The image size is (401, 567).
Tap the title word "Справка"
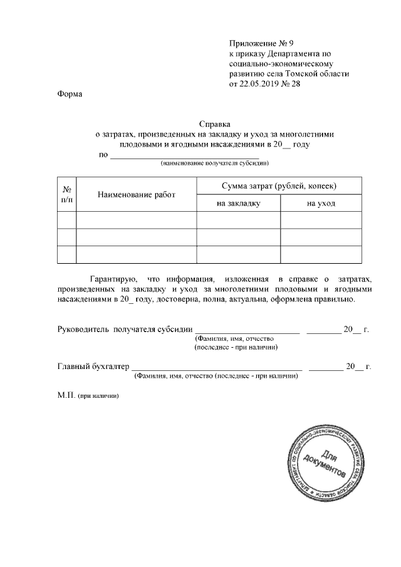[x=215, y=124]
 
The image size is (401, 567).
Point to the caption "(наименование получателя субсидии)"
[x=215, y=163]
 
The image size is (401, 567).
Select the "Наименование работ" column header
[x=137, y=195]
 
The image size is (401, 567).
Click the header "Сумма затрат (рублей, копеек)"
[x=279, y=186]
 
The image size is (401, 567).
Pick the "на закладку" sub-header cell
[x=238, y=204]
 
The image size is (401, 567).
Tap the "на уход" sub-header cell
[x=321, y=204]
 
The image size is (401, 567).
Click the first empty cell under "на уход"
[x=321, y=221]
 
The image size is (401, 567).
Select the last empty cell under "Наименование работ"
[x=137, y=255]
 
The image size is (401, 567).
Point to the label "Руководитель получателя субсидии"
[x=125, y=330]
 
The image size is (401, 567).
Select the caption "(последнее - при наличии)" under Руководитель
[x=236, y=346]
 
